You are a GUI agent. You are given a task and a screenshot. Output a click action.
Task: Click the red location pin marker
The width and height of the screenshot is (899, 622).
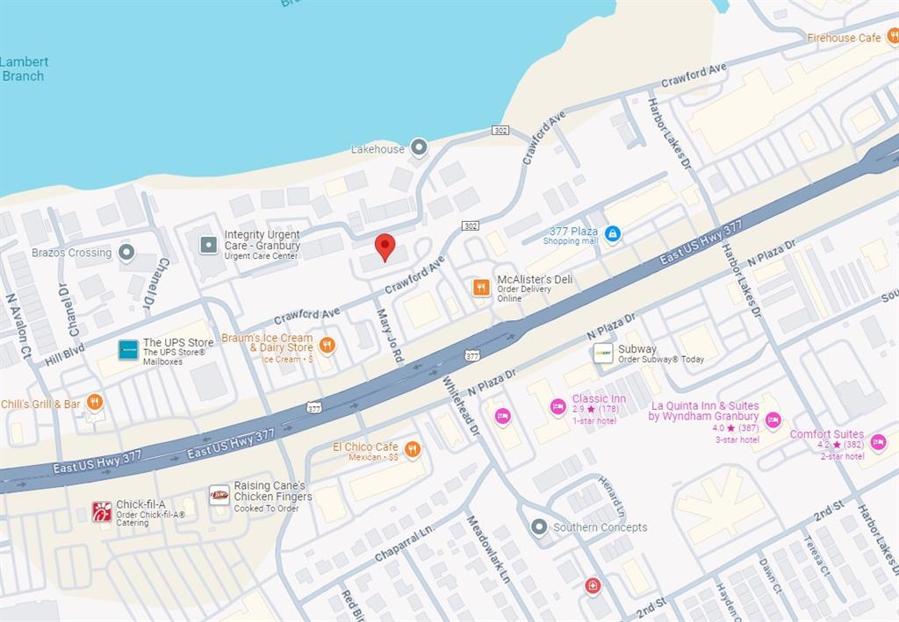385,247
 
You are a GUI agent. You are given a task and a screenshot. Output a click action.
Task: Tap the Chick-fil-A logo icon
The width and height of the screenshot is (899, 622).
102,511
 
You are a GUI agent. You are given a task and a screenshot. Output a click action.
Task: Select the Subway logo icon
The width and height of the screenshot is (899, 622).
603,353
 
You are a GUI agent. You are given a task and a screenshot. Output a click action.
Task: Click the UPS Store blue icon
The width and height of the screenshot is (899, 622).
128,349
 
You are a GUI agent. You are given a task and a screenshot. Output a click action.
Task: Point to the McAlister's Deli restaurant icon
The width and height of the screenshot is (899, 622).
481,287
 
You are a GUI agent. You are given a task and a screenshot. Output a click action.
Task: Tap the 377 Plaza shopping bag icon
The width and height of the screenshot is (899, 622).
613,234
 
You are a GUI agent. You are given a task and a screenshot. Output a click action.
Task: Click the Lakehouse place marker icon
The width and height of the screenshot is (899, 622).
419,147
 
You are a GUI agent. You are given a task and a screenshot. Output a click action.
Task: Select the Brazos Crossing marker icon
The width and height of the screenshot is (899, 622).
126,253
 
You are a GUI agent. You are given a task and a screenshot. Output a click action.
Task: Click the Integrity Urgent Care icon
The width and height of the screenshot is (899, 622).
209,245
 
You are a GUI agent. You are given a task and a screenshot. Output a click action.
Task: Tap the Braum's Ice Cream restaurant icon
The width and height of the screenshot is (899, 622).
327,345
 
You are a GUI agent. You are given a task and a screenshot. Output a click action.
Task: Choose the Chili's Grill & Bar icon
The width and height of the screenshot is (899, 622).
95,403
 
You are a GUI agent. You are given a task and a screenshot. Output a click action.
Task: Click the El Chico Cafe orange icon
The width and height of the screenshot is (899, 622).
412,450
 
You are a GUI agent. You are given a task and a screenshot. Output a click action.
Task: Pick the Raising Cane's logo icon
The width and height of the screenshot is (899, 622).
219,496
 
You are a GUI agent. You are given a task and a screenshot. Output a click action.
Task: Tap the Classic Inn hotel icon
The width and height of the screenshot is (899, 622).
557,406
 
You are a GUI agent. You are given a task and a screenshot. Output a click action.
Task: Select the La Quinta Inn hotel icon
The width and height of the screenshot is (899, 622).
773,420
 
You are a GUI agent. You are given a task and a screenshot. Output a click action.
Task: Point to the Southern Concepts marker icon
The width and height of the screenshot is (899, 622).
539,526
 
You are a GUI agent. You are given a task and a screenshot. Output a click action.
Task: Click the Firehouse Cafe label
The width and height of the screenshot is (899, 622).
844,38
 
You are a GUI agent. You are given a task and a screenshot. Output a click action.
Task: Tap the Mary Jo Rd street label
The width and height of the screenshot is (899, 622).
390,335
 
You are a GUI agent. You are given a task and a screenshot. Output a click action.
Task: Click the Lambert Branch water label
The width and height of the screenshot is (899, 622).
24,68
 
